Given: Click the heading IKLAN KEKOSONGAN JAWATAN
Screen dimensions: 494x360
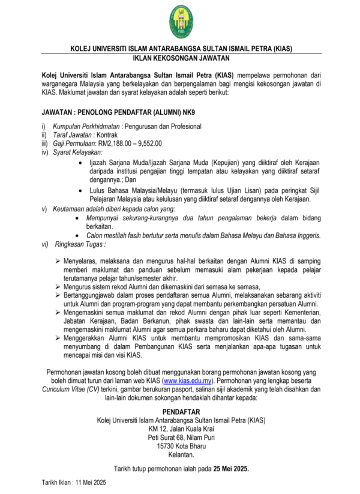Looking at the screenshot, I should coord(180,58).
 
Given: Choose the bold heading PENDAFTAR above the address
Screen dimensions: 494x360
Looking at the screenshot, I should coord(180,412).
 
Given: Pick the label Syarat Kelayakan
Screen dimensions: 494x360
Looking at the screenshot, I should coord(77,152).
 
